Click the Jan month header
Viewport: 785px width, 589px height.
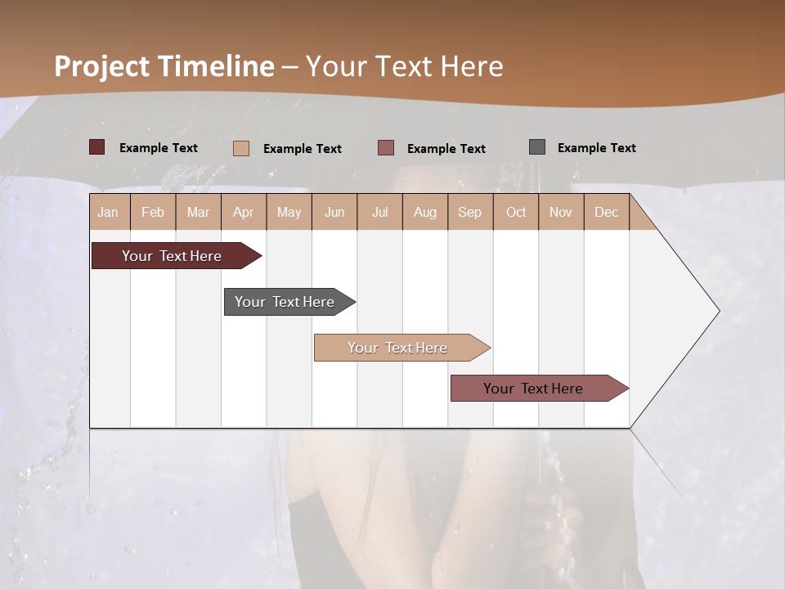click(109, 212)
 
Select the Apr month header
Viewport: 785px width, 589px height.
click(244, 212)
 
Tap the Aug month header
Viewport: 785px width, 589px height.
click(425, 212)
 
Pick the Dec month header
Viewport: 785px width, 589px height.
click(607, 212)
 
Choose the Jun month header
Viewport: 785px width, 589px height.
click(334, 212)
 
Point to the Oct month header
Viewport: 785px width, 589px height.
click(516, 212)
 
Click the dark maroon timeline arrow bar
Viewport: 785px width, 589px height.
click(172, 256)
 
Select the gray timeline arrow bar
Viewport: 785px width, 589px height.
click(285, 302)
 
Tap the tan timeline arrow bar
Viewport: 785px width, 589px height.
click(397, 348)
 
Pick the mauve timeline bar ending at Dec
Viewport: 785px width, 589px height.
click(533, 389)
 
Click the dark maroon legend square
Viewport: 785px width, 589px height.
click(97, 147)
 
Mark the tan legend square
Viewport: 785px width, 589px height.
click(241, 148)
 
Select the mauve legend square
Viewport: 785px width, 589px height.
click(386, 148)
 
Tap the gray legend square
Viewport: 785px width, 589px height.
click(537, 147)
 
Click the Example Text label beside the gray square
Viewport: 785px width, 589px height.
click(596, 148)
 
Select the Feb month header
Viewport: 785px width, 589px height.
click(153, 212)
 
